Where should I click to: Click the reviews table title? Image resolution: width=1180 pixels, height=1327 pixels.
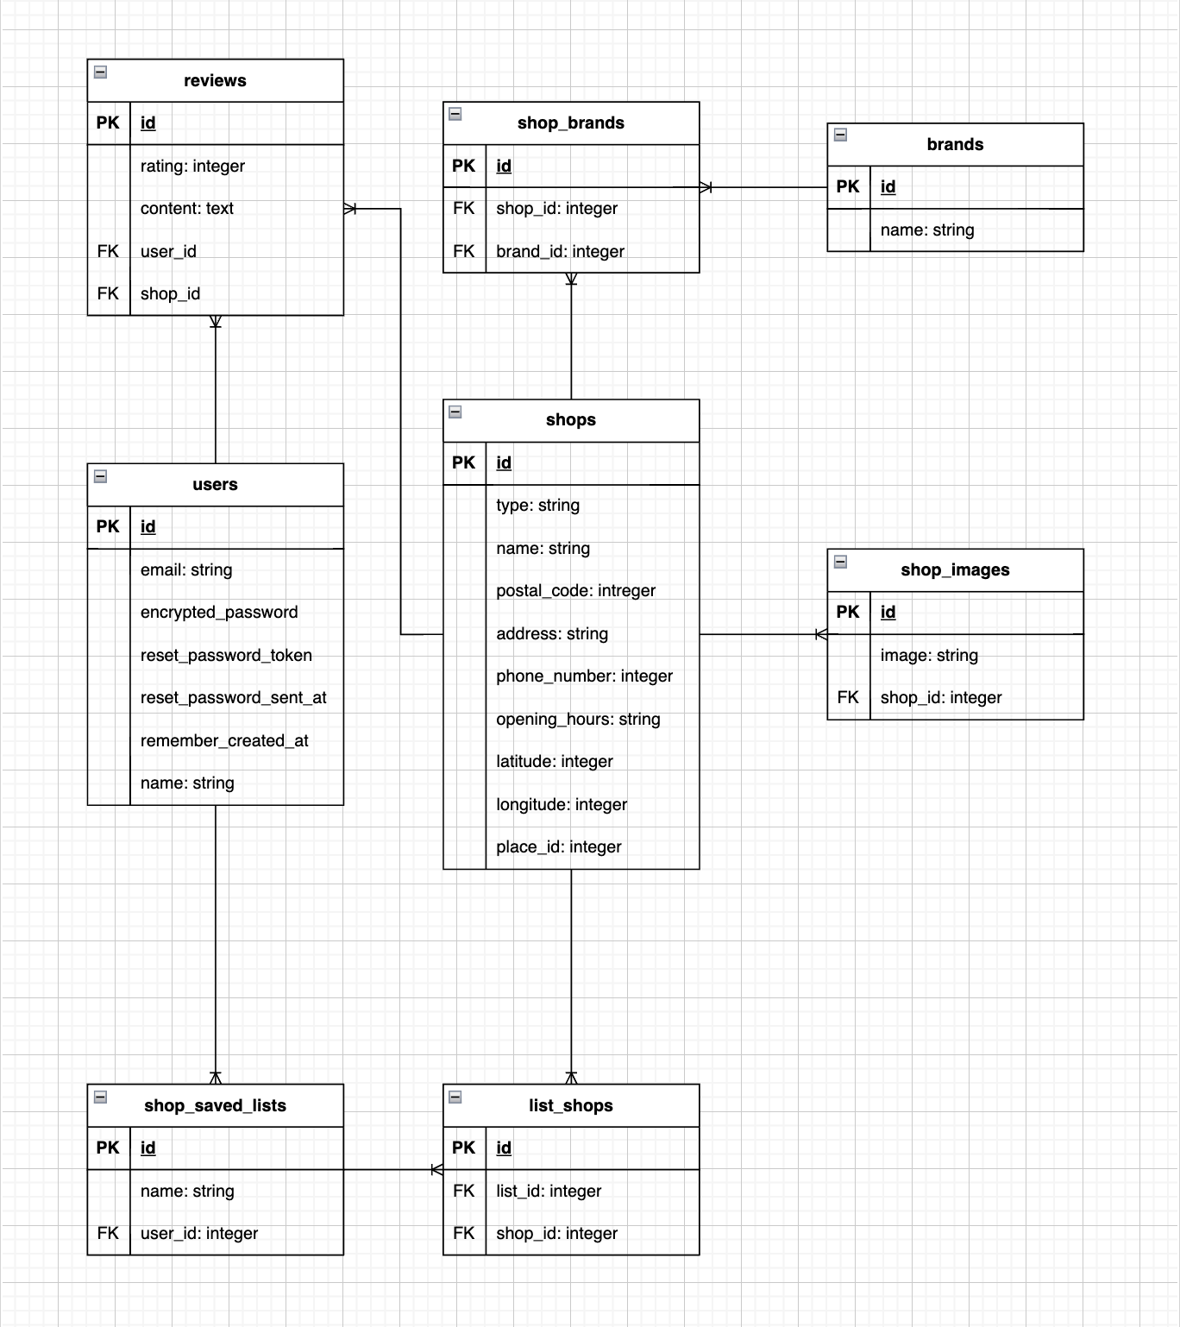215,80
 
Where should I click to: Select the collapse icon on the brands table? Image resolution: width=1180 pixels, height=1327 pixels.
840,135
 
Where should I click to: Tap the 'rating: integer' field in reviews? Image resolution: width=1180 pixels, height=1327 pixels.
192,166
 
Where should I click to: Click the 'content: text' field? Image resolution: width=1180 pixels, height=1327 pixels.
187,208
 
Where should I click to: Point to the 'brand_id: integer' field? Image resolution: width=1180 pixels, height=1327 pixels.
560,251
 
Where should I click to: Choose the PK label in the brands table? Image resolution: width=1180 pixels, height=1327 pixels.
848,186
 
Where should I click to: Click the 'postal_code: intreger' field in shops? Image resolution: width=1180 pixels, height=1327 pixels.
575,590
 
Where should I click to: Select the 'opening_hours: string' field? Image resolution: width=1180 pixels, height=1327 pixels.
578,719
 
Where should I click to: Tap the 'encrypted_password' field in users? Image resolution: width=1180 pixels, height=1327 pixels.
219,612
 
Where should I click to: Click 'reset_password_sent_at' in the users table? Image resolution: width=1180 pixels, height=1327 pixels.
233,697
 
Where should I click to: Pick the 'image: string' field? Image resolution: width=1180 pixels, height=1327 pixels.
929,655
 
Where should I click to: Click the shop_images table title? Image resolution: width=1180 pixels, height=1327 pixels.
955,569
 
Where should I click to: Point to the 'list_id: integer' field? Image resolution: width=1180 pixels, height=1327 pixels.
549,1191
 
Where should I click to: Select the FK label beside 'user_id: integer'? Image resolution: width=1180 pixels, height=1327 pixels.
108,1233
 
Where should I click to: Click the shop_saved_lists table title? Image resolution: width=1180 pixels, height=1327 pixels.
215,1105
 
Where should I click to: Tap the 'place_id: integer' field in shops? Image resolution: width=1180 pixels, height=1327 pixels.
558,846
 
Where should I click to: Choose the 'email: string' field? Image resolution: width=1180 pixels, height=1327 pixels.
186,569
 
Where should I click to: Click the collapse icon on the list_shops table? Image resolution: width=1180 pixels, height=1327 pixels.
455,1097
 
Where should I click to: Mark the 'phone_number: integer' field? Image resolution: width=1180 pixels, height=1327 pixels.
584,676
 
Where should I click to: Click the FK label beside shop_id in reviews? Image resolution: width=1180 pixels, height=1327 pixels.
108,293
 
